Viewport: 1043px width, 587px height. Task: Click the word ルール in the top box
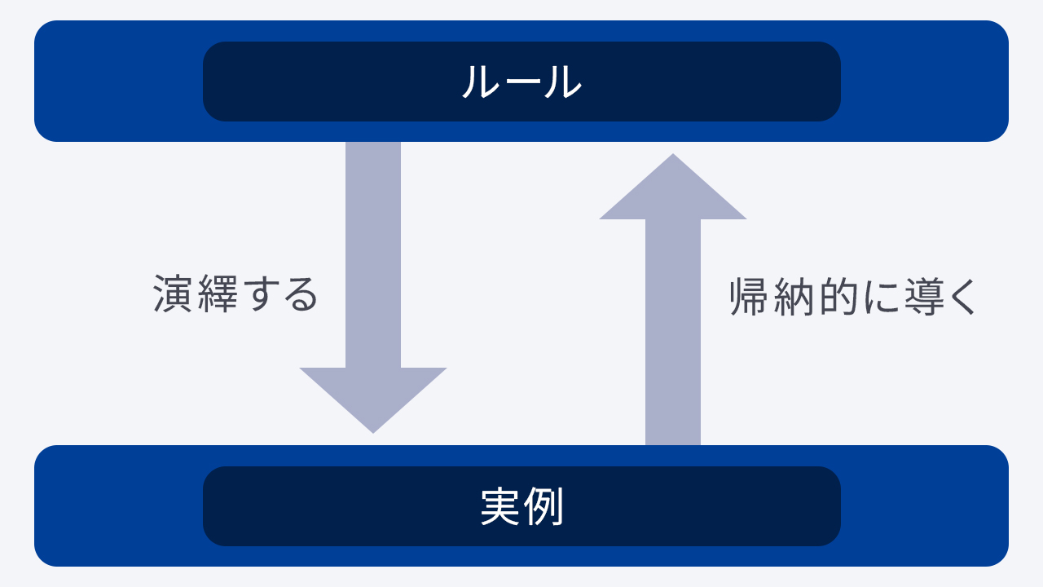point(521,82)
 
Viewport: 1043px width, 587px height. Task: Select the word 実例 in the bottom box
point(522,506)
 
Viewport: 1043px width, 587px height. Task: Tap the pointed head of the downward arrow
point(373,400)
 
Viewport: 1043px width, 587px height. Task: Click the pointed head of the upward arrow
point(673,187)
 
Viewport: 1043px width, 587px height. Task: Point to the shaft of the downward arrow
point(373,255)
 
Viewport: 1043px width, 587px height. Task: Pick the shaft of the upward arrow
point(673,332)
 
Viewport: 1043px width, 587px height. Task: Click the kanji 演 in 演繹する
point(172,293)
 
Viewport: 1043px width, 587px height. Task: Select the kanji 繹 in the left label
point(218,293)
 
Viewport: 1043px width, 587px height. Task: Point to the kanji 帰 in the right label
point(749,297)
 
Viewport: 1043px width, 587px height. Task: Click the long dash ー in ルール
point(521,82)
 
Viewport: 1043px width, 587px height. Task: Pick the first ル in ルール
point(480,82)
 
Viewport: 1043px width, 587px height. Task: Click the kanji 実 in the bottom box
point(500,506)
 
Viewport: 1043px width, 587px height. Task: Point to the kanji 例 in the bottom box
point(544,506)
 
